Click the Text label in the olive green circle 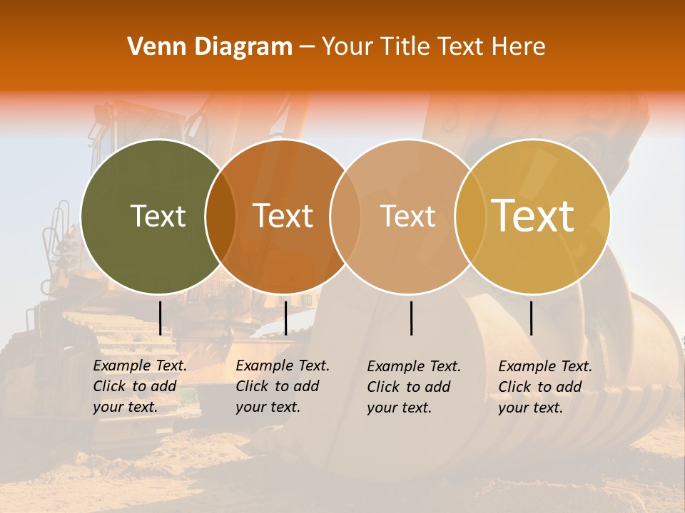point(158,216)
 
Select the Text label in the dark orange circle point(283,216)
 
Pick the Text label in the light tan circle point(407,216)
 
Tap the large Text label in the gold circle point(533,215)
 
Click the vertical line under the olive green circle point(160,318)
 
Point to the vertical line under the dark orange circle point(285,318)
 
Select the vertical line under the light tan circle point(412,318)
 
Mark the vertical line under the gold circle point(532,318)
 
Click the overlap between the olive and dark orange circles point(220,217)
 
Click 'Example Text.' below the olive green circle point(140,366)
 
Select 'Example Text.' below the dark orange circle point(283,366)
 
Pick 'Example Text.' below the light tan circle point(414,367)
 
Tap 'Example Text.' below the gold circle point(545,367)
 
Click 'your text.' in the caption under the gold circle point(530,408)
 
